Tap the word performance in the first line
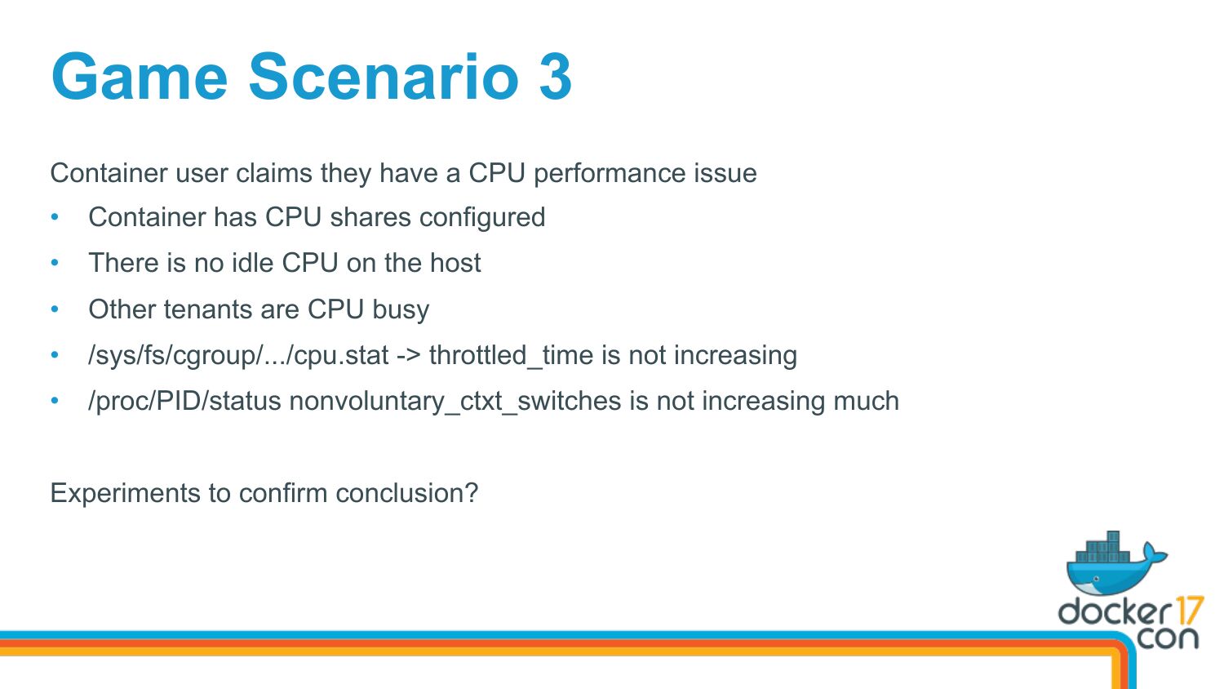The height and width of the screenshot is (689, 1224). click(x=610, y=174)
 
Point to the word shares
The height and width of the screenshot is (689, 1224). click(x=370, y=217)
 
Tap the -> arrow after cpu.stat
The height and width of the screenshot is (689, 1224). click(x=409, y=356)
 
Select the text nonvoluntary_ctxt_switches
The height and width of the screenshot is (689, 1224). click(x=455, y=402)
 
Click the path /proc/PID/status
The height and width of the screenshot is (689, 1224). click(x=184, y=402)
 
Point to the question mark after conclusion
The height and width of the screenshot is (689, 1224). click(x=472, y=492)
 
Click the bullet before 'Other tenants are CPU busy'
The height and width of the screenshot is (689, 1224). click(x=55, y=309)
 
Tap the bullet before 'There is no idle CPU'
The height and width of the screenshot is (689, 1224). click(x=55, y=263)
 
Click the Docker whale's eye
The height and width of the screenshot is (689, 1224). click(x=1096, y=579)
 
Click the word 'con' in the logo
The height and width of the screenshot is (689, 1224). click(x=1167, y=638)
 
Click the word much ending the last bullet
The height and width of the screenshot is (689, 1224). click(x=866, y=401)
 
